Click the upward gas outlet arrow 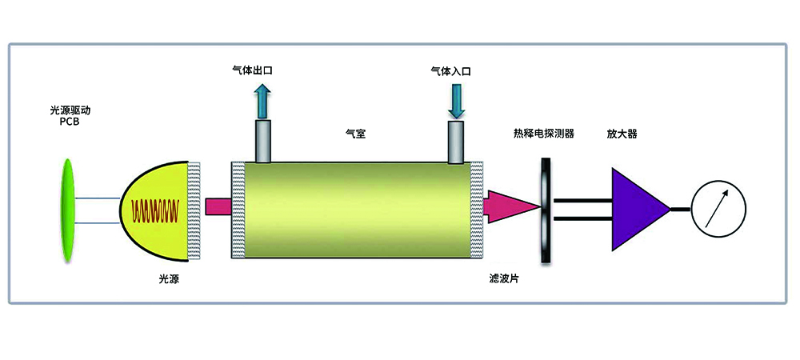tap(262, 101)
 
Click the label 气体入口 tap(451, 70)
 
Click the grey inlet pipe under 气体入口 tap(457, 141)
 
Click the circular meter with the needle tap(719, 209)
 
